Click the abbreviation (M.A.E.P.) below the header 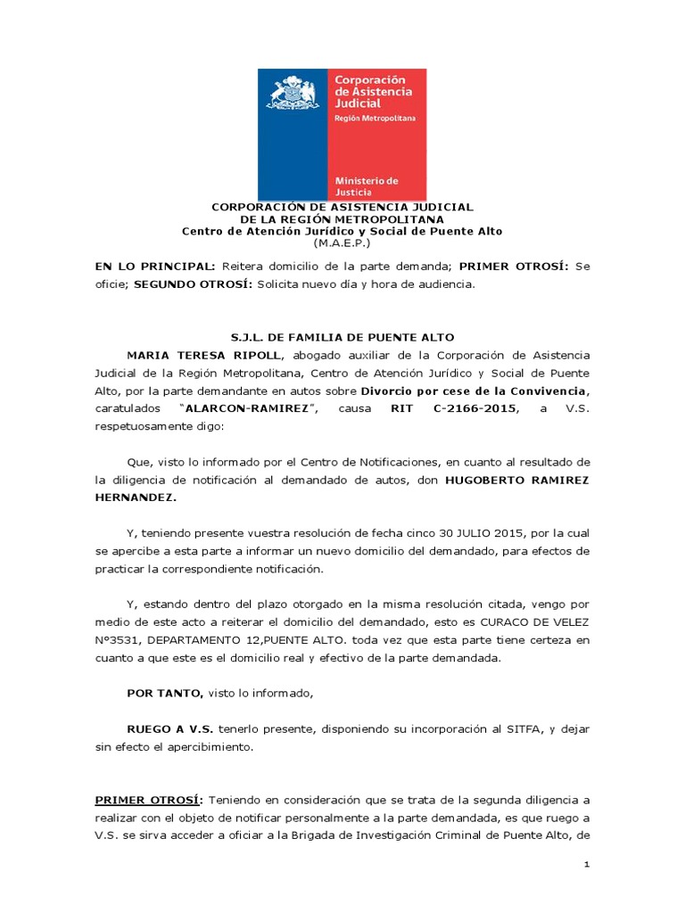(342, 243)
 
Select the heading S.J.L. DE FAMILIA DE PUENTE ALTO (342, 337)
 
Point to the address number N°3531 (114, 640)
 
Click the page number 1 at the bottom (587, 865)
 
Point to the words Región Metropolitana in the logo (375, 118)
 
